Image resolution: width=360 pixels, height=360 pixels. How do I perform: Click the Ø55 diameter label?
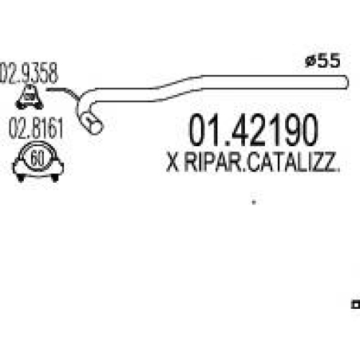point(323,60)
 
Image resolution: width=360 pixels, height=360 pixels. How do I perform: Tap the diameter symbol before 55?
point(310,61)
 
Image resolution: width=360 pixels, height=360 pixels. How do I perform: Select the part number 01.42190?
point(253,130)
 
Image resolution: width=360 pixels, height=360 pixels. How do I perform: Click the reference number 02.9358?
point(29,73)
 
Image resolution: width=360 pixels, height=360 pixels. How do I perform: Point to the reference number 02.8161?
point(36,128)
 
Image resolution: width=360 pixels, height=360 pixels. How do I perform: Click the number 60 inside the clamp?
point(37,158)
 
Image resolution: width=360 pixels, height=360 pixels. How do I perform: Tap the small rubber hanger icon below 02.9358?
point(30,96)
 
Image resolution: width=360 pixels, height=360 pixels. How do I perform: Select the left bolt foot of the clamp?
point(21,178)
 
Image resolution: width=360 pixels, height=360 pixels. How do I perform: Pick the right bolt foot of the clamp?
point(55,178)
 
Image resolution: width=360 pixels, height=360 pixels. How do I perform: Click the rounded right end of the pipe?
point(346,82)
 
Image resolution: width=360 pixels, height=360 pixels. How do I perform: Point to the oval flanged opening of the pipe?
point(92,122)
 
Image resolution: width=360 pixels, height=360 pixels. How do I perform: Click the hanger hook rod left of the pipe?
point(63,92)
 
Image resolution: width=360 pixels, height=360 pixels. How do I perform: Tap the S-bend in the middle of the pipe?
point(179,89)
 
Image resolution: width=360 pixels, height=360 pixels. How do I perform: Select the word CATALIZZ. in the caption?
point(294,162)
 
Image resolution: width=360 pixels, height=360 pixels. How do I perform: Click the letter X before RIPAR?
point(173,162)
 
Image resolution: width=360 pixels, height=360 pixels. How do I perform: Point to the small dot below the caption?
point(254,202)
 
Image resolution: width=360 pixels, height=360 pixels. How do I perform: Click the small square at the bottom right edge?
point(356,305)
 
